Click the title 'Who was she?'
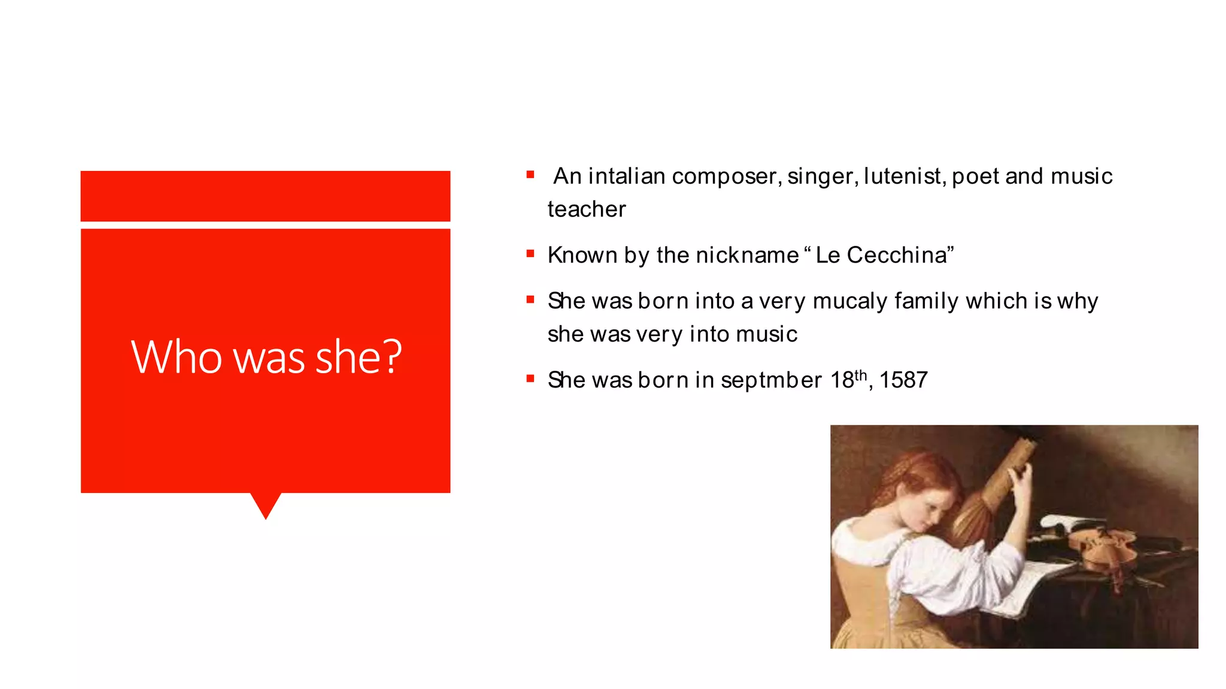(266, 357)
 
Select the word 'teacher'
(587, 209)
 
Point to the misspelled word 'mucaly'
(849, 301)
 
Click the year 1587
(903, 380)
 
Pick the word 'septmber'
(771, 380)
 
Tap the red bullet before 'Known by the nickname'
(530, 254)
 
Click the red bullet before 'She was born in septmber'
(530, 379)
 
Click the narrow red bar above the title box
(265, 196)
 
